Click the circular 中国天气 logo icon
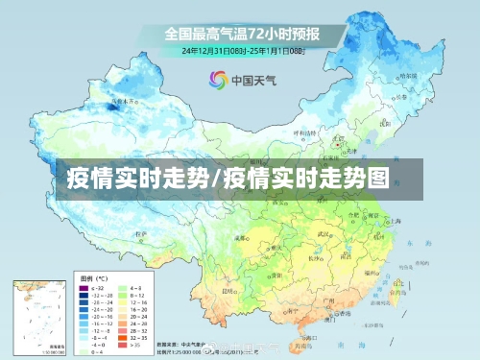219,80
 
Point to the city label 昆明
228,288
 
